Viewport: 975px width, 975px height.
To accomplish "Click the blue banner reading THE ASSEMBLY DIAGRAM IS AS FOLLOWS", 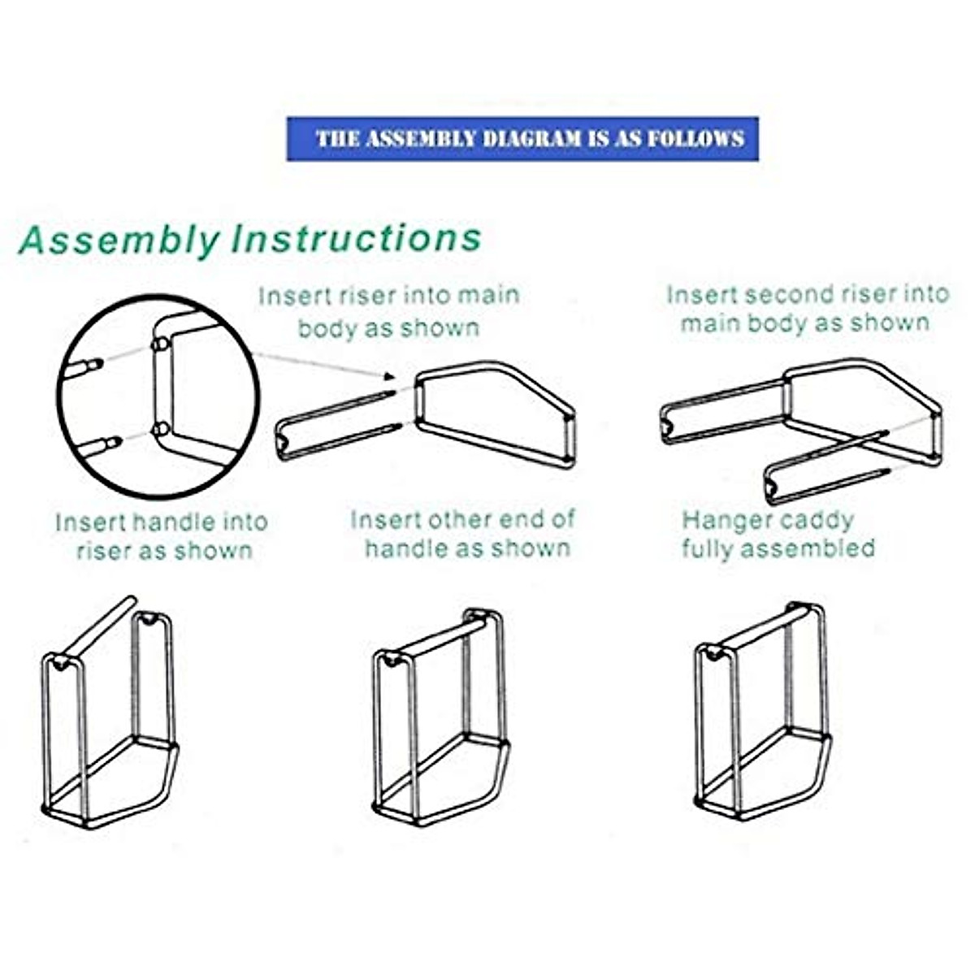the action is (522, 138).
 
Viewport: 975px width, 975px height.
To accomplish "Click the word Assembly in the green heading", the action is (119, 240).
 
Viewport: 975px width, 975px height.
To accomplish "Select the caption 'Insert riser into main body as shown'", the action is (388, 311).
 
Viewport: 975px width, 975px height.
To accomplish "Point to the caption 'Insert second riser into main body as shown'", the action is (807, 308).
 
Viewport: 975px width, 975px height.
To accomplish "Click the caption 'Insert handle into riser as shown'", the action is (161, 535).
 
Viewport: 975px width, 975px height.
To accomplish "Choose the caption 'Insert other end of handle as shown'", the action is (463, 534).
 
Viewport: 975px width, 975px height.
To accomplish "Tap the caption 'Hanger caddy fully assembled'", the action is (777, 534).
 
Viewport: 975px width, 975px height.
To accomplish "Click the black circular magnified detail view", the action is (158, 396).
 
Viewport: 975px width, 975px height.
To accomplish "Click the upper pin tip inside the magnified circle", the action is (95, 363).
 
